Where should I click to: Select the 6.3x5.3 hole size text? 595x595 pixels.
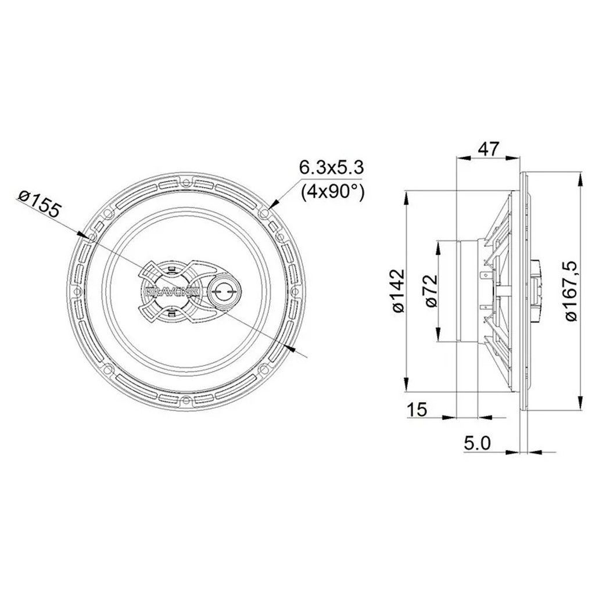pyautogui.click(x=332, y=167)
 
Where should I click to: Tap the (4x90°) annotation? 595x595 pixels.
pyautogui.click(x=332, y=192)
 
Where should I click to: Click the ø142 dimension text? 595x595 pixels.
pyautogui.click(x=398, y=291)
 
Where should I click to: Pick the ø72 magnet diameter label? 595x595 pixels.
pyautogui.click(x=432, y=291)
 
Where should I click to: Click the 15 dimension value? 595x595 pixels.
pyautogui.click(x=417, y=410)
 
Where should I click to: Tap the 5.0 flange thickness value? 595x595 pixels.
pyautogui.click(x=478, y=443)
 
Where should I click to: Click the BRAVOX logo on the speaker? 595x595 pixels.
pyautogui.click(x=172, y=291)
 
